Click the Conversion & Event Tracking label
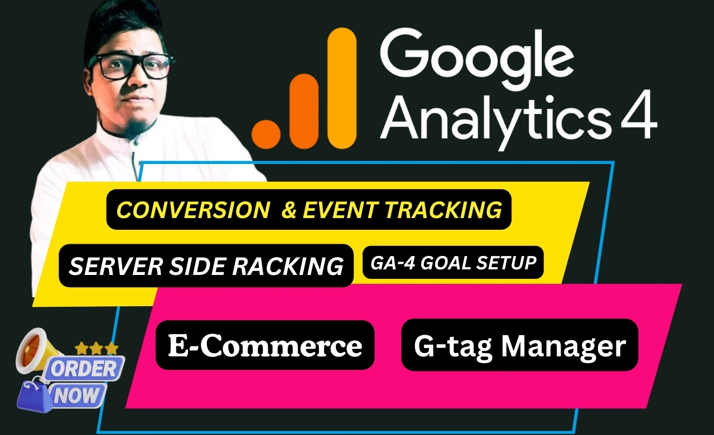309,210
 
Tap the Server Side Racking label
206,266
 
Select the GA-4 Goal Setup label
452,262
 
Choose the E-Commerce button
265,345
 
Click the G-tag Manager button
519,345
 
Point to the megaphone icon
36,349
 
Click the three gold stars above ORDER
96,349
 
